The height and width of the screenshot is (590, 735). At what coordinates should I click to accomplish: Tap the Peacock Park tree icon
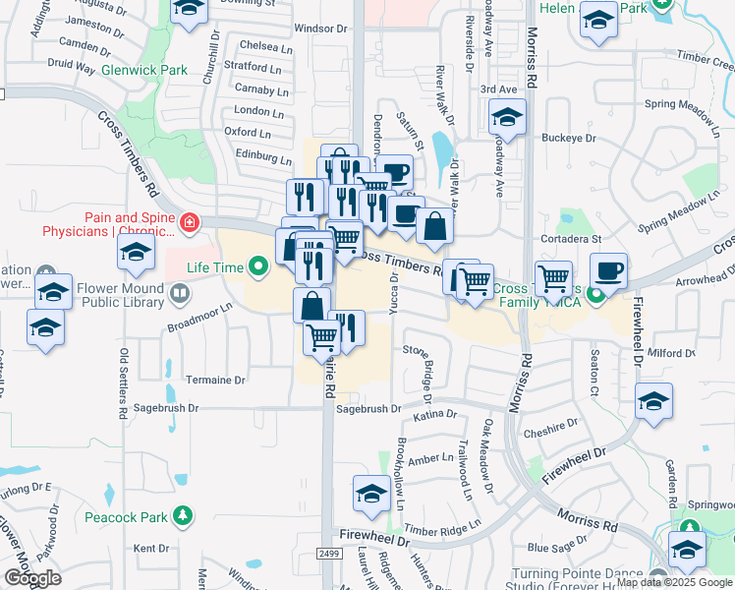pyautogui.click(x=182, y=514)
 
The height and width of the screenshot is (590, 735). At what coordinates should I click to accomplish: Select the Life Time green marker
pyautogui.click(x=258, y=265)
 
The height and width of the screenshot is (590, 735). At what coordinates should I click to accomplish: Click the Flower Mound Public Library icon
pyautogui.click(x=179, y=293)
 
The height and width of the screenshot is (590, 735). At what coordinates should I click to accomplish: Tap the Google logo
pyautogui.click(x=32, y=578)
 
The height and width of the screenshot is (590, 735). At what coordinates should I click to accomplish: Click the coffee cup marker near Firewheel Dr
pyautogui.click(x=608, y=271)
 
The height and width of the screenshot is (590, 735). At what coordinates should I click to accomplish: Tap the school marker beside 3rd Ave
pyautogui.click(x=507, y=119)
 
